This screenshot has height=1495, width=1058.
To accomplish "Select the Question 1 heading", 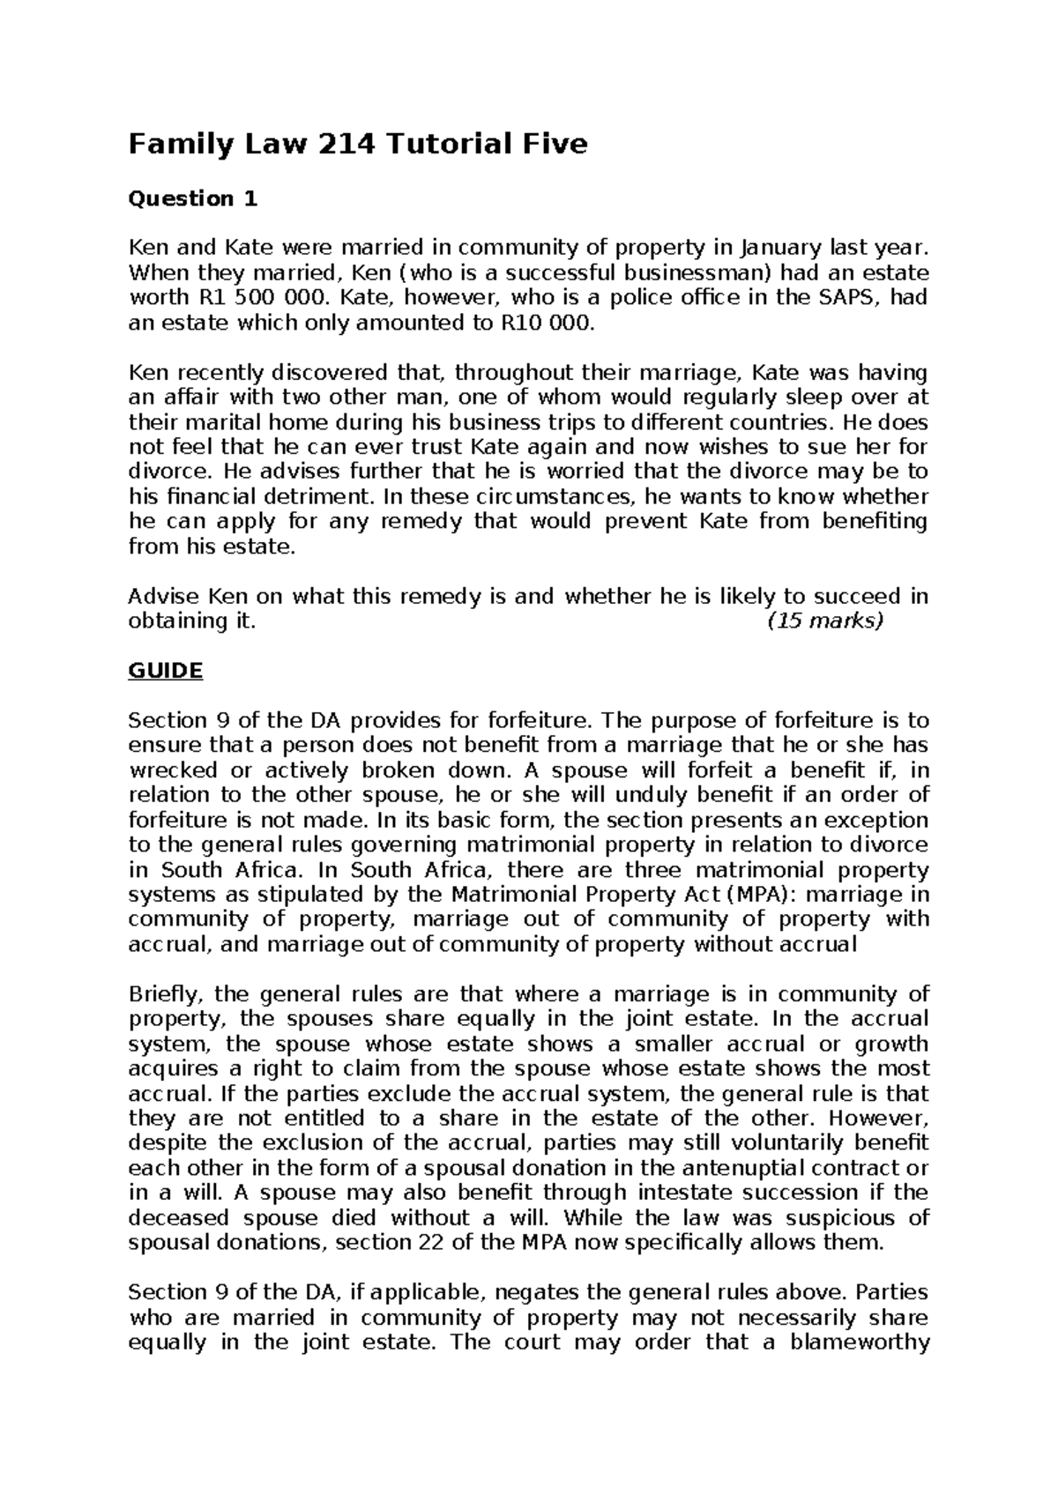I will click(x=193, y=199).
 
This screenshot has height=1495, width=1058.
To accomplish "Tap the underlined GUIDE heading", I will click(x=166, y=671).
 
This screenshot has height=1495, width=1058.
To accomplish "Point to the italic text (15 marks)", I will click(x=824, y=621).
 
